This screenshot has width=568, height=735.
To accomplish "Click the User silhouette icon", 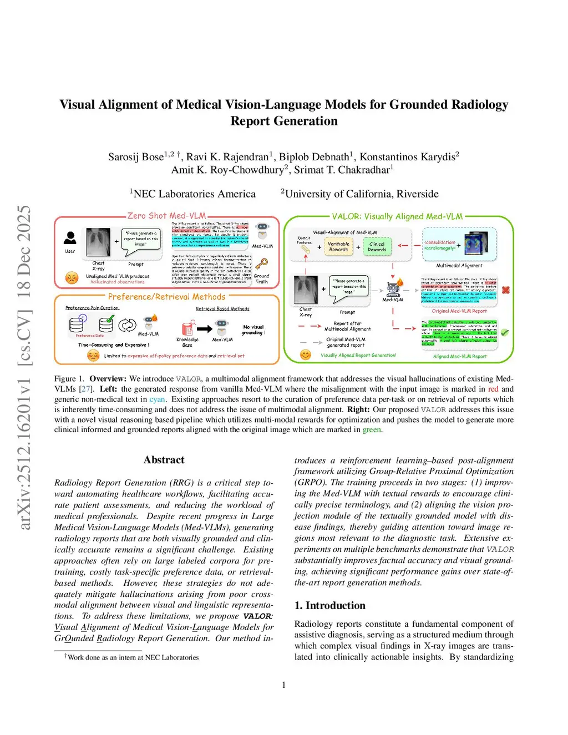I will pyautogui.click(x=70, y=238).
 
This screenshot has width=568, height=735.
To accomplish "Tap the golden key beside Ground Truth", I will pyautogui.click(x=261, y=263).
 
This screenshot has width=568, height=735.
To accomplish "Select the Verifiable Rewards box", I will pyautogui.click(x=338, y=247).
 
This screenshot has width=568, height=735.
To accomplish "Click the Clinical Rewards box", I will pyautogui.click(x=377, y=247).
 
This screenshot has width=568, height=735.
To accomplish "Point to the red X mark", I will pyautogui.click(x=505, y=290).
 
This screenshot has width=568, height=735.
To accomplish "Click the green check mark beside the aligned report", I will pyautogui.click(x=505, y=332).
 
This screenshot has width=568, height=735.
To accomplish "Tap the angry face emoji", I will pyautogui.click(x=72, y=277).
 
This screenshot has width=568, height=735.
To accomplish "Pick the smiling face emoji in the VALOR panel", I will pyautogui.click(x=305, y=354).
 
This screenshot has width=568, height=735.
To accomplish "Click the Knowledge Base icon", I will pyautogui.click(x=187, y=328).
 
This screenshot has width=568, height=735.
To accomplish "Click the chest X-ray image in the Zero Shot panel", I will pyautogui.click(x=98, y=242).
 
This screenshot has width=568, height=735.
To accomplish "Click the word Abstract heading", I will pyautogui.click(x=164, y=460).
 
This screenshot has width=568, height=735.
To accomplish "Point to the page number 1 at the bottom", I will pyautogui.click(x=284, y=685).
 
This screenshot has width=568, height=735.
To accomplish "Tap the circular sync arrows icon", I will pyautogui.click(x=127, y=325).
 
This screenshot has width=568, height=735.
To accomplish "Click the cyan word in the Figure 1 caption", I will pyautogui.click(x=157, y=399).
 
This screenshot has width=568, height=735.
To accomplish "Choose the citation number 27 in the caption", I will pyautogui.click(x=86, y=389).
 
